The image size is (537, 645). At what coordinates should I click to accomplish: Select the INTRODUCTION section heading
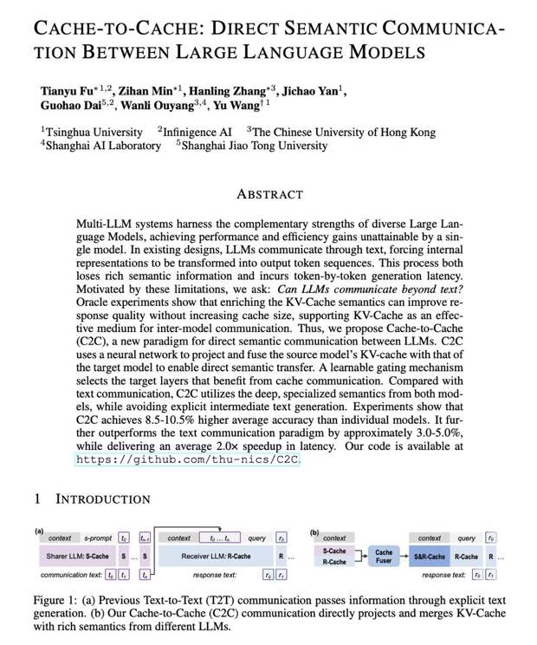[x=102, y=498]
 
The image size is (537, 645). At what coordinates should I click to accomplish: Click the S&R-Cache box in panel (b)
[x=429, y=556]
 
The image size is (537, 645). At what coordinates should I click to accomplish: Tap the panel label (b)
[x=314, y=531]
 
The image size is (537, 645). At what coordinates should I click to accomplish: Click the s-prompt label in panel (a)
[x=98, y=538]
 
